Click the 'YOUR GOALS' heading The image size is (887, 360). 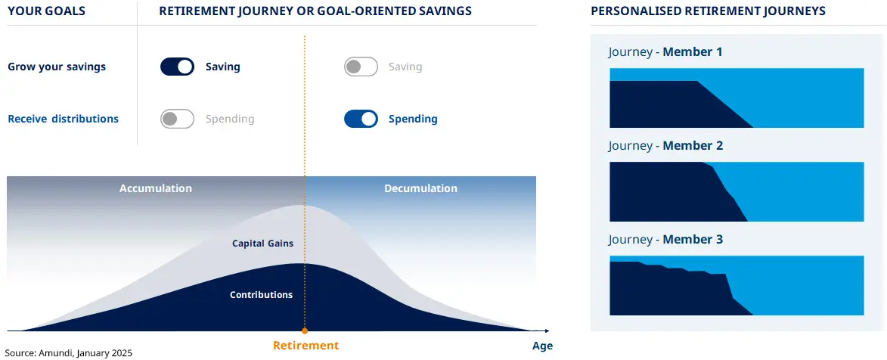click(46, 11)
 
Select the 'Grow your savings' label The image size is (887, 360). click(57, 67)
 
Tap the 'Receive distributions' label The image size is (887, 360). click(63, 119)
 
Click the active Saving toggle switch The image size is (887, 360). click(177, 67)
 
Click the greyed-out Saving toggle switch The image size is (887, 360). click(361, 67)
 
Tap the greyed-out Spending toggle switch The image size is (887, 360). click(177, 119)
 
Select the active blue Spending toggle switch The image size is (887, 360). click(361, 119)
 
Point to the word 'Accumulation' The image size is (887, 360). click(156, 188)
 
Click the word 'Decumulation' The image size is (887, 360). click(420, 188)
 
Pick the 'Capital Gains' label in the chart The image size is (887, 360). click(262, 244)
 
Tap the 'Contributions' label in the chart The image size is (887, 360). click(261, 295)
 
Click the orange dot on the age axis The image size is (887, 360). click(305, 331)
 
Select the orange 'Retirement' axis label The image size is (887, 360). click(305, 346)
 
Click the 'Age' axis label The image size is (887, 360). click(542, 346)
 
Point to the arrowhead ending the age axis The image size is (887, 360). click(546, 331)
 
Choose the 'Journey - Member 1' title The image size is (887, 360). click(665, 52)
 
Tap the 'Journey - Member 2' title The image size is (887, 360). click(665, 146)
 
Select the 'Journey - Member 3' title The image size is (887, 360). click(665, 240)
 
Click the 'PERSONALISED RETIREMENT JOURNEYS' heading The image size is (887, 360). click(708, 11)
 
